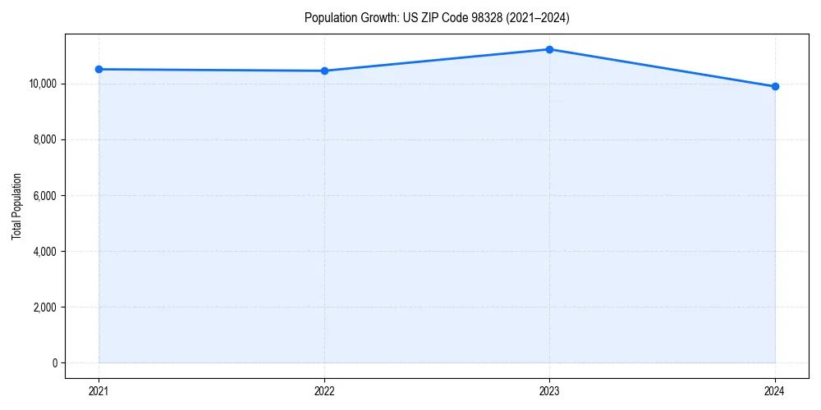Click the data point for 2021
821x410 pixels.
point(99,69)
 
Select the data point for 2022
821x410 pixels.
point(324,71)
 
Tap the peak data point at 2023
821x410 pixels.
point(549,49)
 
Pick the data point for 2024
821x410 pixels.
point(775,86)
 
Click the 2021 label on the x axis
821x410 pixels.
point(99,391)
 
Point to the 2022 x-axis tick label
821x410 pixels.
point(324,391)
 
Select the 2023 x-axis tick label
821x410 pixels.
point(549,391)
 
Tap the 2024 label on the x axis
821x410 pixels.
point(775,391)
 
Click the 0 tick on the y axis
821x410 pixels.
point(53,363)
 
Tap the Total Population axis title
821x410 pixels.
point(16,206)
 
